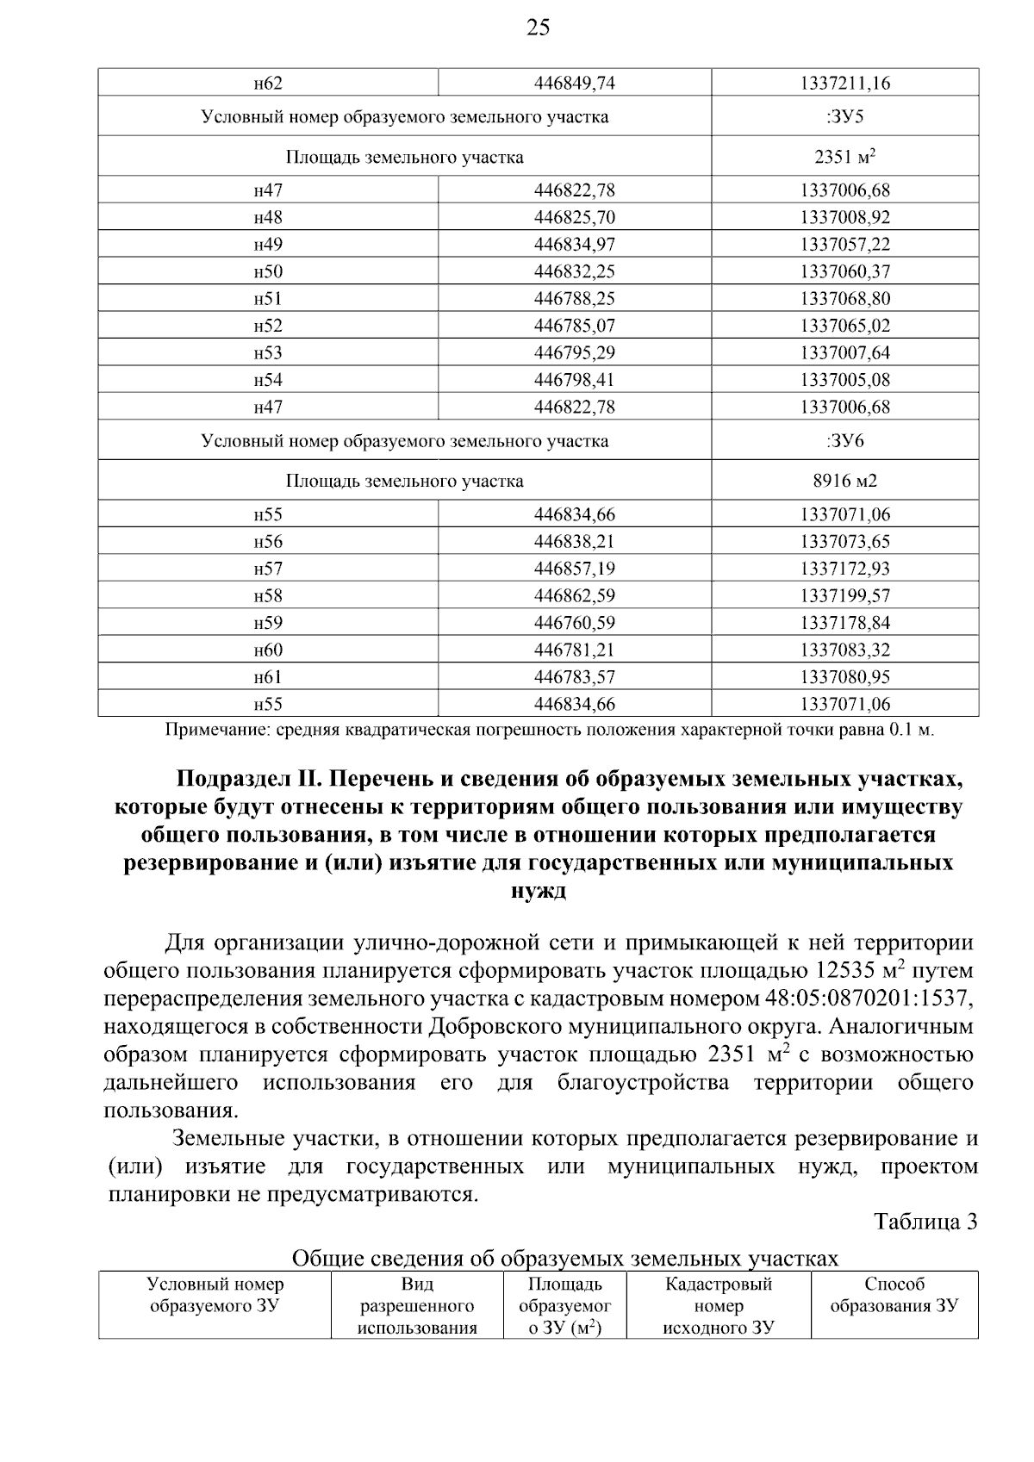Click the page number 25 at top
click(x=538, y=28)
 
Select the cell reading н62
click(x=268, y=84)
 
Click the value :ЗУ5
click(x=844, y=116)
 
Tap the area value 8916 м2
click(x=844, y=481)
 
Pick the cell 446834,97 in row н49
click(x=575, y=245)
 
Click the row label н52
click(x=268, y=326)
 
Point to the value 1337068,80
click(x=844, y=299)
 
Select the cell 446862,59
click(x=575, y=596)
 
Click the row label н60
click(x=268, y=650)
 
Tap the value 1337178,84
click(x=844, y=623)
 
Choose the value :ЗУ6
click(x=844, y=441)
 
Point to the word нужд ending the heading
click(x=539, y=891)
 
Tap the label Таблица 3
click(x=925, y=1222)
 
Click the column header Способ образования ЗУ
click(x=894, y=1295)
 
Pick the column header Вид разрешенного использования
click(x=417, y=1306)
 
